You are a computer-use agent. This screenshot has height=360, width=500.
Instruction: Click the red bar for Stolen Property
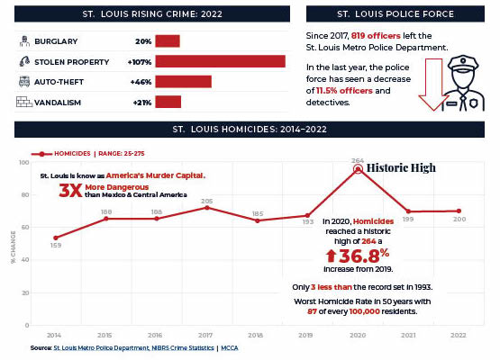[221, 61]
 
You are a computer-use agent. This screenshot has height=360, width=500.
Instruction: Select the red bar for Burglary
[168, 41]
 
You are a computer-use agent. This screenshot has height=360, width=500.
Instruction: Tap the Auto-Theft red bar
[184, 82]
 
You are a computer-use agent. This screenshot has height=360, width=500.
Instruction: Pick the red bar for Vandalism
[168, 102]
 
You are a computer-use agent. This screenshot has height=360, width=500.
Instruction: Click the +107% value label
[140, 62]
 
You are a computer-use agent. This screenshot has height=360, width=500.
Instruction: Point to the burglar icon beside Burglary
[24, 41]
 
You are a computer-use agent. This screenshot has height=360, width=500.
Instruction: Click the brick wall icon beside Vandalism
[24, 102]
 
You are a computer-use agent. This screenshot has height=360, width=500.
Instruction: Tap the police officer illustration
[464, 83]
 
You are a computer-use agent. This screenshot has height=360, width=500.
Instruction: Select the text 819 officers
[376, 36]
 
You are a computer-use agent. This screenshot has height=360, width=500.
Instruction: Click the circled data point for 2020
[358, 169]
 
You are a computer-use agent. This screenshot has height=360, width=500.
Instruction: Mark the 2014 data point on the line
[56, 238]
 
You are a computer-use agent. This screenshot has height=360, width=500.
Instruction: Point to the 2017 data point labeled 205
[207, 208]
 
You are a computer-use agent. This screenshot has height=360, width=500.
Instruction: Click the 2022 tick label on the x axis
[459, 335]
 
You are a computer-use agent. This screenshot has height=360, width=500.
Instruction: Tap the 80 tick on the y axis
[25, 194]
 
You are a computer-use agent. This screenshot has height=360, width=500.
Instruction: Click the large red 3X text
[70, 191]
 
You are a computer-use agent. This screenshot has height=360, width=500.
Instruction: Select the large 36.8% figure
[358, 256]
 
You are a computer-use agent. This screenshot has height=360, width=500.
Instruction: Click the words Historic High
[401, 168]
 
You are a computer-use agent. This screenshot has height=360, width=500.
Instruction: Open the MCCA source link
[230, 348]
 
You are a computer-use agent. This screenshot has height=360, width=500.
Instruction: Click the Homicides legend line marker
[41, 154]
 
